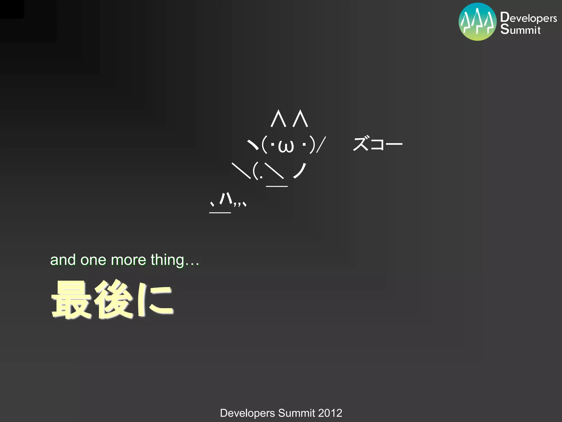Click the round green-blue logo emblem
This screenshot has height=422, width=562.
[x=477, y=22]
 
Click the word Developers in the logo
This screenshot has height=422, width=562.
[x=529, y=18]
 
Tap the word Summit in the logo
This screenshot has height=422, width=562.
[x=520, y=29]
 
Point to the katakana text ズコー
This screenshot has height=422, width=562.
[x=377, y=144]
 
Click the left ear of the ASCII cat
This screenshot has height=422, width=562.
[x=278, y=119]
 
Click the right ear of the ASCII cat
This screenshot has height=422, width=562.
[x=300, y=119]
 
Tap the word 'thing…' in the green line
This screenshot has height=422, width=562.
[x=175, y=260]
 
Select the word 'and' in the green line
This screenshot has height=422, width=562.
[x=63, y=260]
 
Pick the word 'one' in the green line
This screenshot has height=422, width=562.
[x=93, y=260]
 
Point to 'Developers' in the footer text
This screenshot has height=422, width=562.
[x=247, y=413]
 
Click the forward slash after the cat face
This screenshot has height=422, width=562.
[x=321, y=145]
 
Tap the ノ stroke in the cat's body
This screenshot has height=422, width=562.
[x=300, y=171]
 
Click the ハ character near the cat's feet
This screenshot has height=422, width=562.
[x=226, y=198]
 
